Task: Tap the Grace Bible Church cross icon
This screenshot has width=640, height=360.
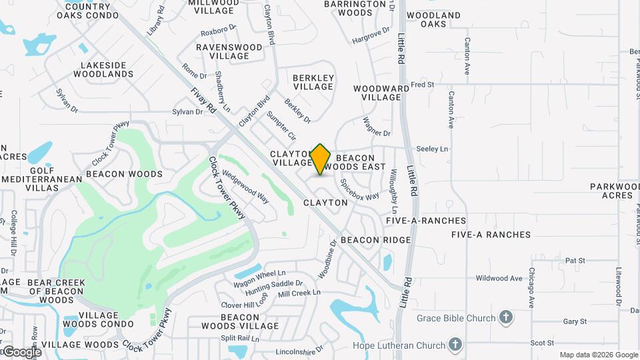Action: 506,317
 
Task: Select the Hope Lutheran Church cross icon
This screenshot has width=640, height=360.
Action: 455,345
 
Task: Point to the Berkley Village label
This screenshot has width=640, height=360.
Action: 313,82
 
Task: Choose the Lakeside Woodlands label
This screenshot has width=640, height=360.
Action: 107,69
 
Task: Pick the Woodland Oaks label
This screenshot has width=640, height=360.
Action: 433,19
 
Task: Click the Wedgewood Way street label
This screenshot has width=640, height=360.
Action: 245,187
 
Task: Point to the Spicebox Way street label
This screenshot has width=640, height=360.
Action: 359,189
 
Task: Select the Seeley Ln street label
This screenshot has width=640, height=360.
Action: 432,149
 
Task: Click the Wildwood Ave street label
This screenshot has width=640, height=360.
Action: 497,277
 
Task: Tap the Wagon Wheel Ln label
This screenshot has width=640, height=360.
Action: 259,273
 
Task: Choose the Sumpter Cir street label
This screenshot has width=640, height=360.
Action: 281,126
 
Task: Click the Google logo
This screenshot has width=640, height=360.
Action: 21,351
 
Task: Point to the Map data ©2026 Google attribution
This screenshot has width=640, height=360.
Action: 598,355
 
